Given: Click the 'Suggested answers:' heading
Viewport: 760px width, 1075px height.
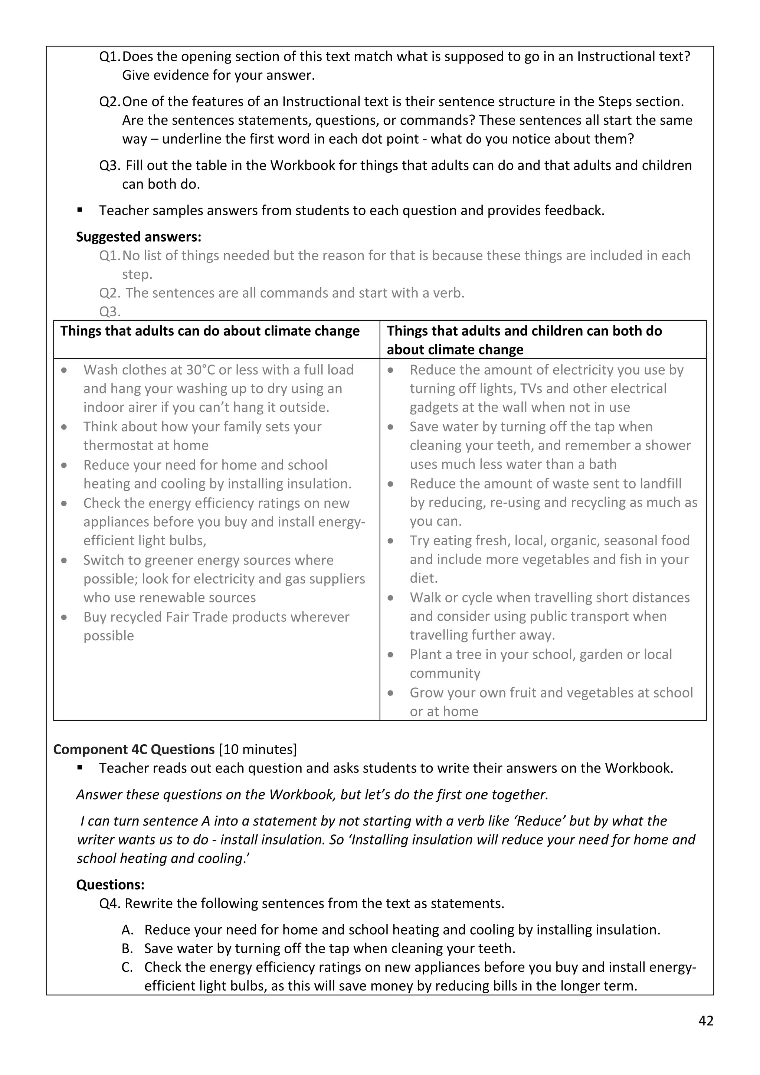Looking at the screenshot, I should tap(138, 237).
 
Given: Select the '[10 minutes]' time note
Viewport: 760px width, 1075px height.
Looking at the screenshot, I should tap(258, 749).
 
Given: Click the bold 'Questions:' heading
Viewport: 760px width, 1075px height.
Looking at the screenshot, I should tap(111, 885).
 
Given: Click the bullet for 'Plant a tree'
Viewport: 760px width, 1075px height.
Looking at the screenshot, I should tap(391, 654).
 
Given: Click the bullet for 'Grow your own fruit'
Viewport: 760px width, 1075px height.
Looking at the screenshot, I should tap(391, 693).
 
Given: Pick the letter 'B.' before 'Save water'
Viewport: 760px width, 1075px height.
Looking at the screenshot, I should tap(127, 948).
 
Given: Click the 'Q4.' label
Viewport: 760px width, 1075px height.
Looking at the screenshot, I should tap(110, 904).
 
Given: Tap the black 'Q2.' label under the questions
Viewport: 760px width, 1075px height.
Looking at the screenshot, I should tap(109, 102).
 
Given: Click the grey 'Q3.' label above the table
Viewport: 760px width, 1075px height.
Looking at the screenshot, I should tap(109, 311).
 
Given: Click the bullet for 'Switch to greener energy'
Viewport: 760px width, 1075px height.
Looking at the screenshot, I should tap(65, 561).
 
